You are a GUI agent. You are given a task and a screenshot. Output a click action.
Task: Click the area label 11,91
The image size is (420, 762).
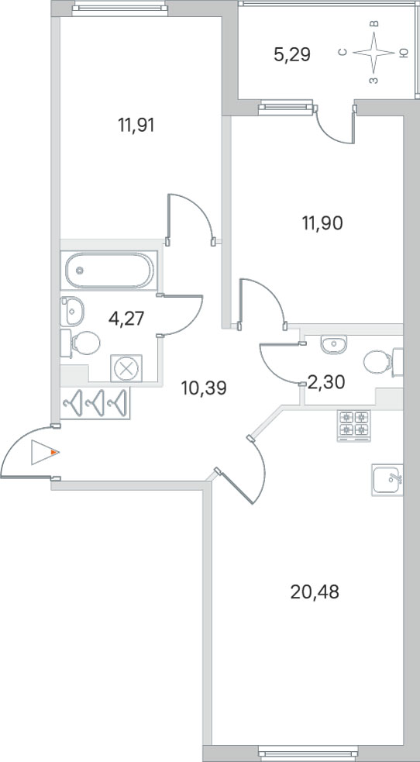coord(136,126)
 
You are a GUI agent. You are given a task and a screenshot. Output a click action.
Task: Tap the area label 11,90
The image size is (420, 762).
coord(322,223)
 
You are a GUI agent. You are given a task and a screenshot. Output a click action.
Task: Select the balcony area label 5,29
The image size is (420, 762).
coord(292,55)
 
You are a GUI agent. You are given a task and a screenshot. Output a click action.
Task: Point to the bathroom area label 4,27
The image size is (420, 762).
coord(126,319)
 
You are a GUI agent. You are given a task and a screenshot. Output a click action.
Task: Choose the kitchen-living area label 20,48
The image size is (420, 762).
coord(315,592)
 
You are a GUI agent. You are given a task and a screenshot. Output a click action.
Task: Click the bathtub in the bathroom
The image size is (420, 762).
coord(109,271)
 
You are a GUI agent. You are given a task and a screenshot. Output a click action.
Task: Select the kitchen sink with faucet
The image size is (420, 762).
coord(387,480)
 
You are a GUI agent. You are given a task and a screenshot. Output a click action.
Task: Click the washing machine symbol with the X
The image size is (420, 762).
coord(126,368)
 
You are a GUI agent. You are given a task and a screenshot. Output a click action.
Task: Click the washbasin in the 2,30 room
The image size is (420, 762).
coord(333,344)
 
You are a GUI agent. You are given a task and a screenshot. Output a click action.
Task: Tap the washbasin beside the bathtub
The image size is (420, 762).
coord(72,312)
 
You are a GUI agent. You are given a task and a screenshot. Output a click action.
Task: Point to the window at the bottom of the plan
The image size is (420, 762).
coord(308,753)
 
